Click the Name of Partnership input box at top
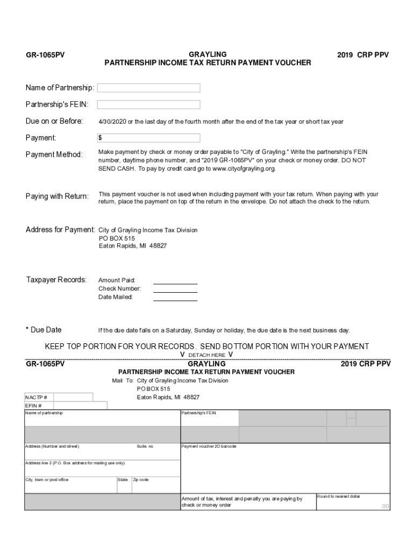(148, 88)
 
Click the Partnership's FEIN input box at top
(148, 104)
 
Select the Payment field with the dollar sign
(148, 138)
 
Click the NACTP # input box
(73, 397)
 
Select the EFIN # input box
(80, 406)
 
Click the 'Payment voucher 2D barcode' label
(209, 447)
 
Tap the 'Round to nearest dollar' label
(338, 496)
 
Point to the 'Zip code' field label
(141, 479)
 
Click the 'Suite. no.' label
(145, 447)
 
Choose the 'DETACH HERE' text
(206, 355)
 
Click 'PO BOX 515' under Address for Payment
(117, 238)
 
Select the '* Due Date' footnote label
(44, 330)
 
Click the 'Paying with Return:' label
(58, 196)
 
